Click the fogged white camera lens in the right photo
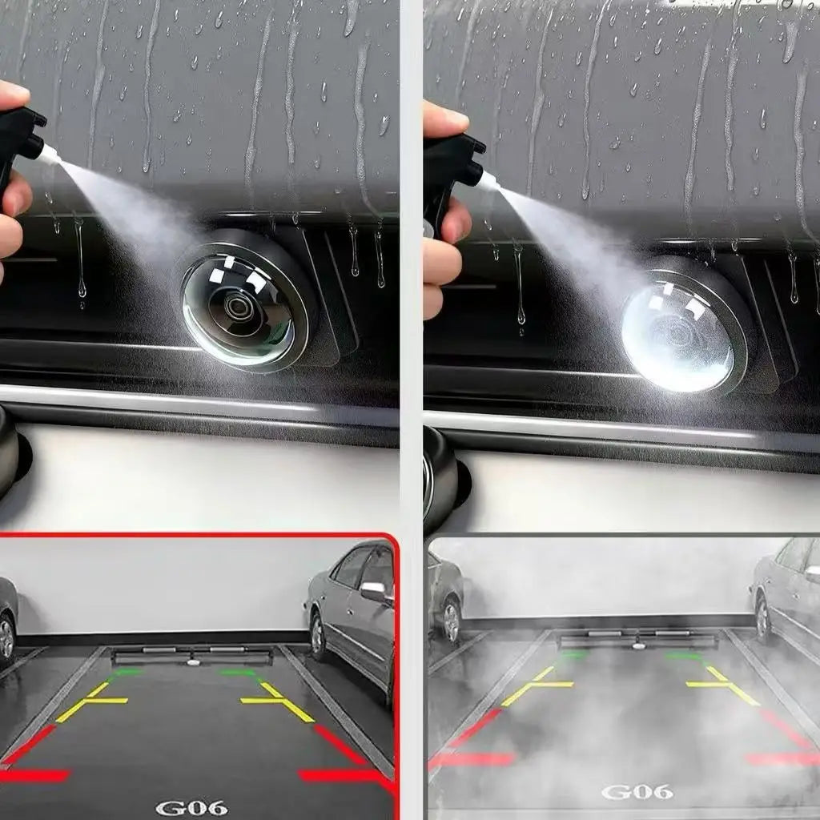(x=678, y=336)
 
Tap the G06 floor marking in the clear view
(x=192, y=807)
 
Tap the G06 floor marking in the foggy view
(x=637, y=792)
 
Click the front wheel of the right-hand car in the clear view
(x=318, y=636)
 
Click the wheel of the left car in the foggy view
(x=450, y=621)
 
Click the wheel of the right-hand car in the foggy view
(x=762, y=621)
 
